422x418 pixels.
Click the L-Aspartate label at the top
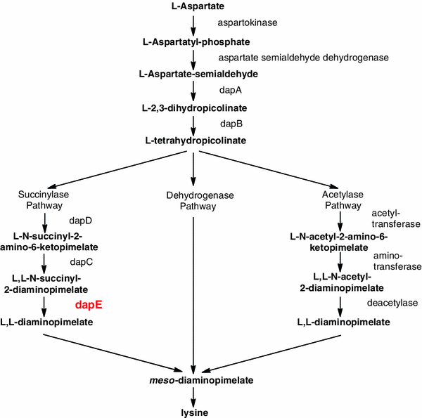[193, 6]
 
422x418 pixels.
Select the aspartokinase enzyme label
[248, 22]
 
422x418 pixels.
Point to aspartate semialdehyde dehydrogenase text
[294, 57]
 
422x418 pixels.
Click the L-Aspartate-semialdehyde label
[193, 74]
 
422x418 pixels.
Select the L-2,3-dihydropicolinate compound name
[193, 107]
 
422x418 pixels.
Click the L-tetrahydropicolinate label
[193, 141]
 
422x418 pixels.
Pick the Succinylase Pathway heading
[44, 200]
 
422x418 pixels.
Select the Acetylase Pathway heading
[342, 200]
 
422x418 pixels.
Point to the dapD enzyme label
[81, 221]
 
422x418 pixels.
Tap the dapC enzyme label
[81, 261]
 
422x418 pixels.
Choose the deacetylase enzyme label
[392, 303]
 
